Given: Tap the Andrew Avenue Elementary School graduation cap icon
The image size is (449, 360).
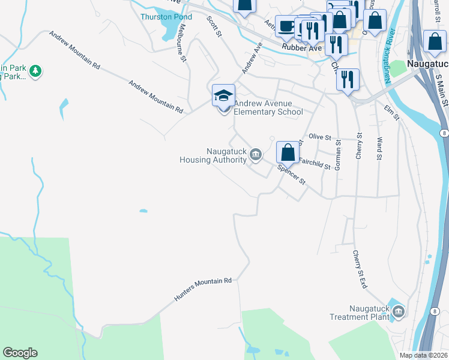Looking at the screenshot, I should (223, 96).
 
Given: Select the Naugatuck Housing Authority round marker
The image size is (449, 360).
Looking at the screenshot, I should (256, 155).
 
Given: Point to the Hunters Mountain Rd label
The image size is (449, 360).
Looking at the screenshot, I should (203, 289).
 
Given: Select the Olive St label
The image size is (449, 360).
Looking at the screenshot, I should (320, 137).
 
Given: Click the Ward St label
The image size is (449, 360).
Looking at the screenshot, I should (379, 149).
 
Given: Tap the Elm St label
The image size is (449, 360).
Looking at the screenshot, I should (391, 112).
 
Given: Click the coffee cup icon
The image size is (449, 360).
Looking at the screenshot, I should (286, 26).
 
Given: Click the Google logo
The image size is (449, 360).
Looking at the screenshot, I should (20, 353).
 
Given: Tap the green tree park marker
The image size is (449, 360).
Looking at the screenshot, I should (36, 71).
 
